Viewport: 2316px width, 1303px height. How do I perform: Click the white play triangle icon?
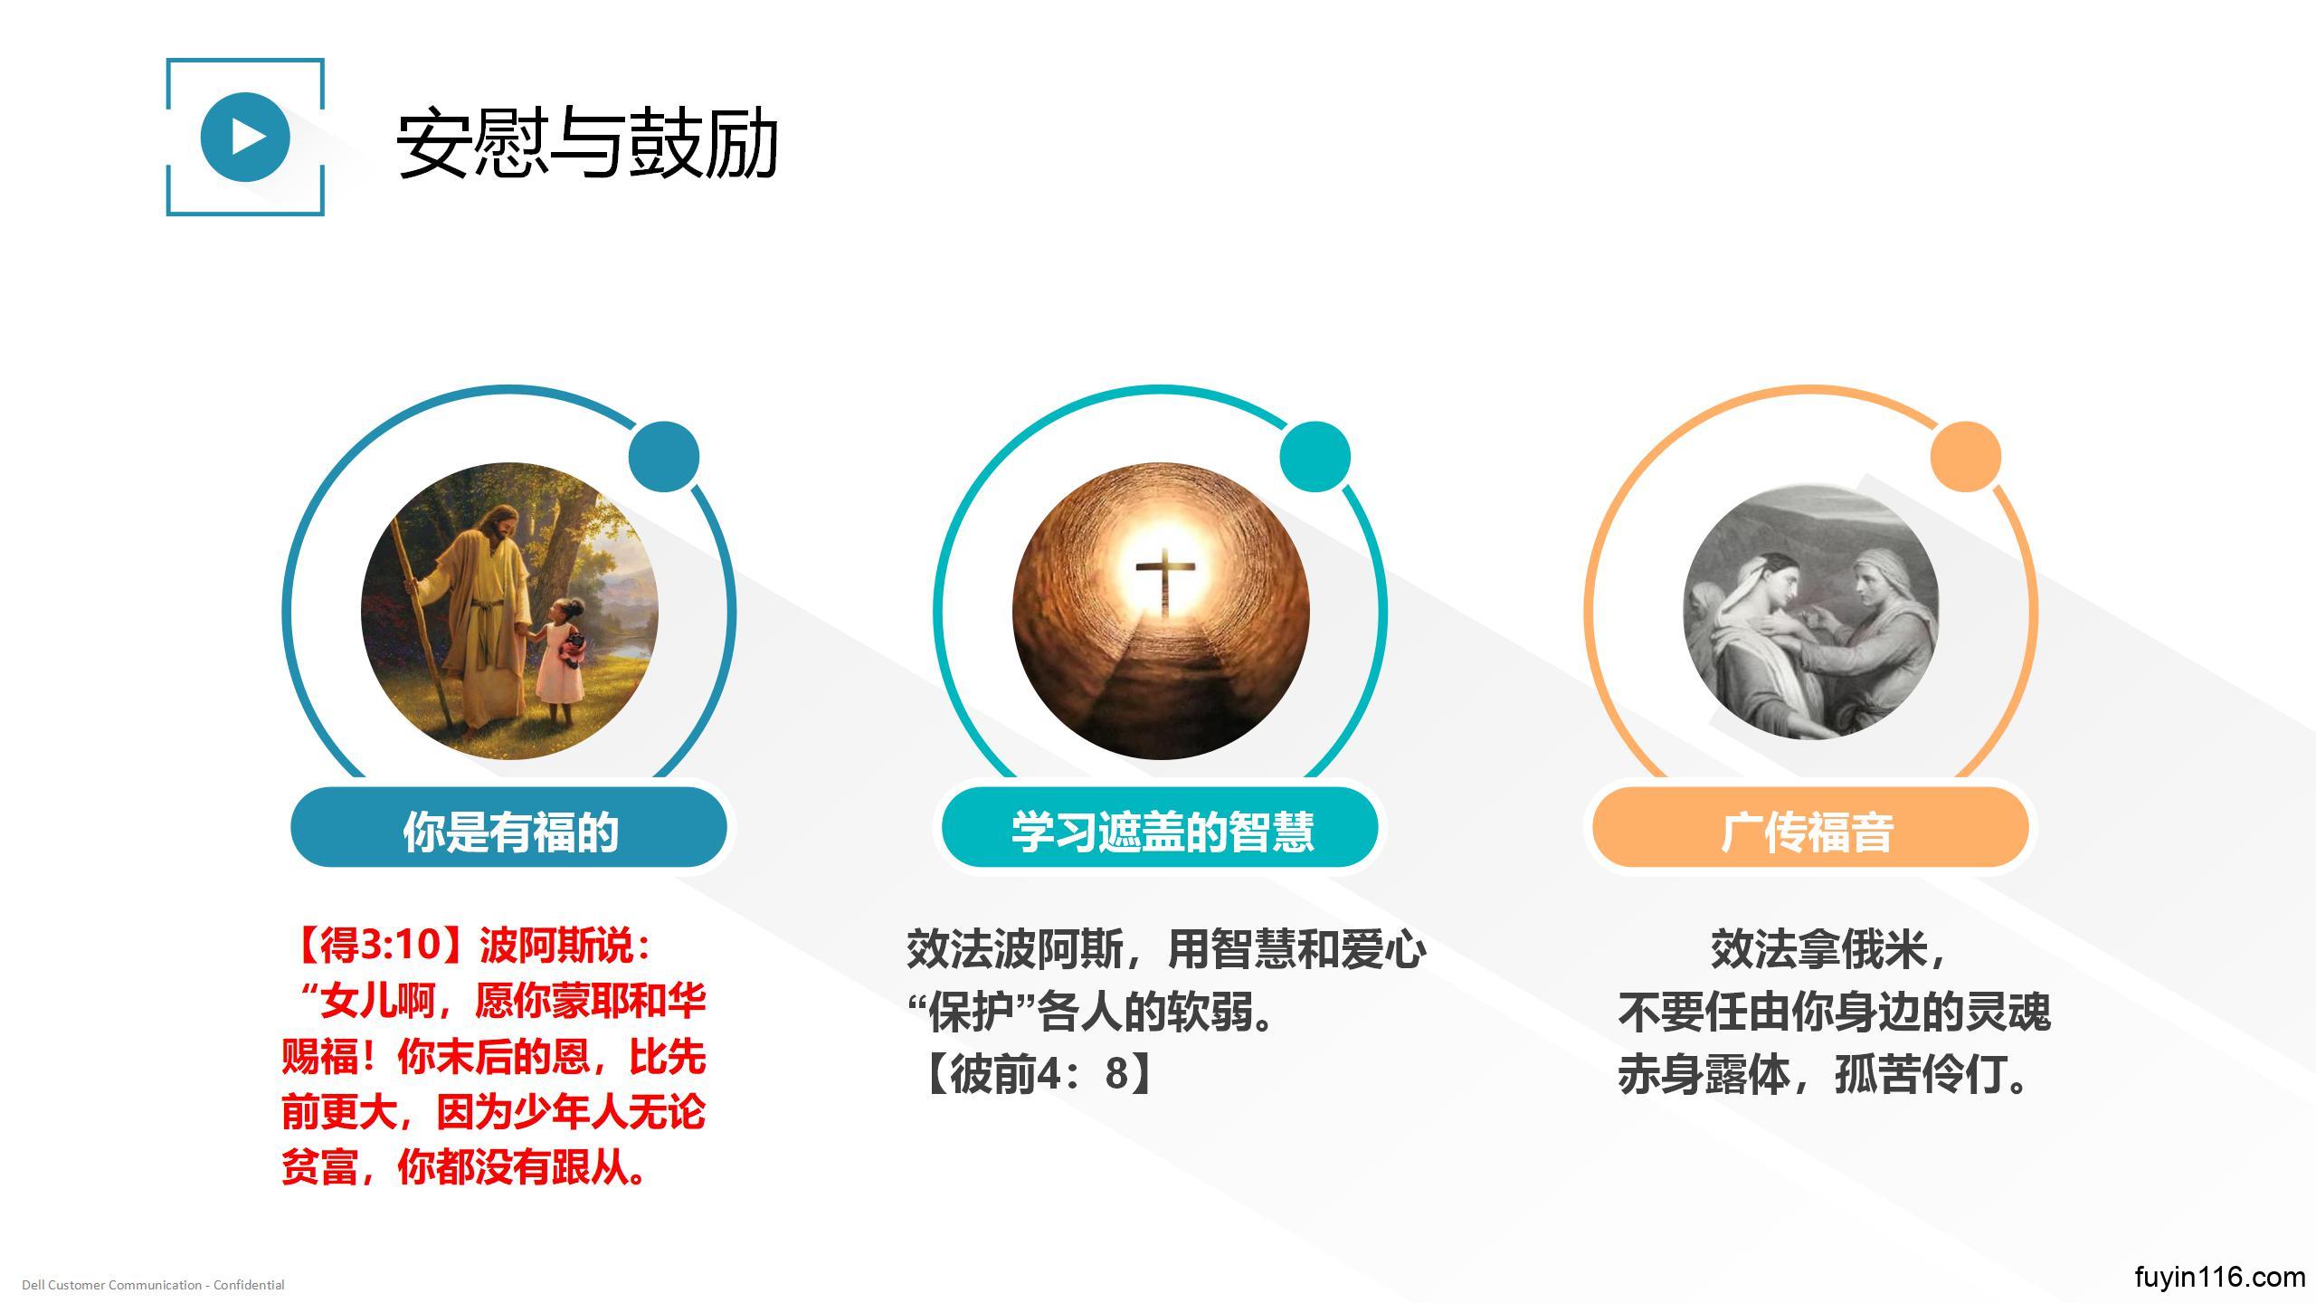[248, 137]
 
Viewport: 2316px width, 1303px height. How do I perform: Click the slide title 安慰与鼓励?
[587, 143]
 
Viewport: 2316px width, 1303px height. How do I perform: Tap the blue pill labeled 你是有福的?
[508, 827]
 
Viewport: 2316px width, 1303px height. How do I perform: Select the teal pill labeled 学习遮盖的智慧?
[1160, 827]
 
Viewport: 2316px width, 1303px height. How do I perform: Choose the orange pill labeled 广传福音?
[1810, 827]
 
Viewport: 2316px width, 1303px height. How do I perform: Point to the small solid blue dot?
[664, 456]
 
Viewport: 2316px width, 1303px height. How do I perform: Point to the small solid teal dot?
[1315, 456]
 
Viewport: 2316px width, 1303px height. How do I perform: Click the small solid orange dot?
[1966, 456]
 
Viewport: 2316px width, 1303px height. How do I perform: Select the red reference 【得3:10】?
[381, 946]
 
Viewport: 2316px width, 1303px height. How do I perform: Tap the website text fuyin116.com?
[2219, 1277]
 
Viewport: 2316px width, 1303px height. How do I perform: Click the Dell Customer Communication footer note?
[153, 1285]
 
